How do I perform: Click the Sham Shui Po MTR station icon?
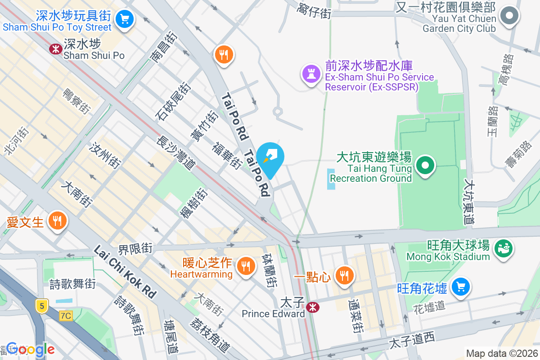[x=56, y=49]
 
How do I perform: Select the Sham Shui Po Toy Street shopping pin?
[x=123, y=19]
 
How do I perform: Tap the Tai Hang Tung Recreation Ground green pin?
[x=425, y=165]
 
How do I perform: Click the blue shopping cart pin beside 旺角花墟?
[x=460, y=286]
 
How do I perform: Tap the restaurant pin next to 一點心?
[x=345, y=275]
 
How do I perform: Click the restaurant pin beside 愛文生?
[x=57, y=220]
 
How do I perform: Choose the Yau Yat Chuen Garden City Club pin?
[x=509, y=16]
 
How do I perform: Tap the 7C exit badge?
[x=66, y=316]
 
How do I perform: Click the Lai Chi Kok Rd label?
[x=125, y=272]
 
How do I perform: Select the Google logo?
[x=31, y=349]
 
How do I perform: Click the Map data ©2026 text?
[x=501, y=353]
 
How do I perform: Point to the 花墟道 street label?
[x=429, y=306]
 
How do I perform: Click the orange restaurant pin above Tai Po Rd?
[x=223, y=55]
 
